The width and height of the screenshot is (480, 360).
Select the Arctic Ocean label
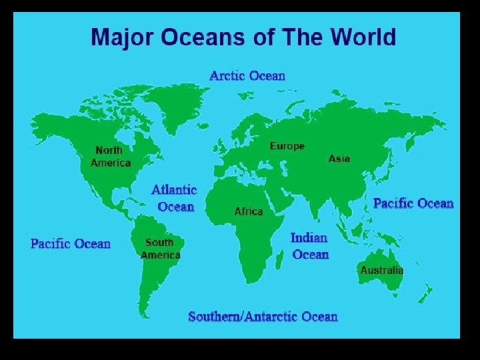click(247, 75)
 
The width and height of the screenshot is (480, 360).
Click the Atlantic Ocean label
click(175, 199)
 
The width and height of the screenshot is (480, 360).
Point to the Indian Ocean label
click(310, 246)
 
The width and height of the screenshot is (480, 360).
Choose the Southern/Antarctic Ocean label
click(263, 317)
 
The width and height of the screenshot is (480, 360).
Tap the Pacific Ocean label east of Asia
click(413, 203)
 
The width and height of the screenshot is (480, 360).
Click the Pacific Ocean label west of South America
click(71, 243)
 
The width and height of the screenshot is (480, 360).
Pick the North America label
click(111, 157)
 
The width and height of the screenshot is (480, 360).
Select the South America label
click(160, 249)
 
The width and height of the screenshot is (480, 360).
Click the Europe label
click(287, 146)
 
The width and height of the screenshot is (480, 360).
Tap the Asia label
click(339, 159)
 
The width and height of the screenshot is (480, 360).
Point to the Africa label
click(249, 211)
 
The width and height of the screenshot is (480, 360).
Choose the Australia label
click(381, 270)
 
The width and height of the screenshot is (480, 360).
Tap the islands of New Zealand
click(425, 293)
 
